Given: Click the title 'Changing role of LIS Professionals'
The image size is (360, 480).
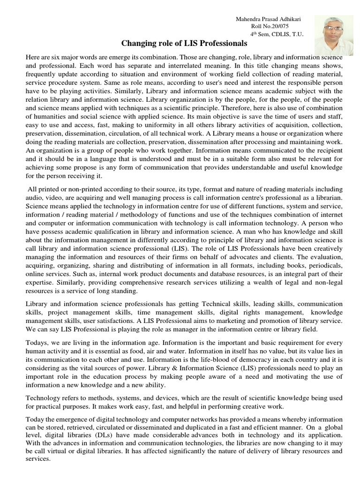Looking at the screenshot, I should point(184,44).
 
